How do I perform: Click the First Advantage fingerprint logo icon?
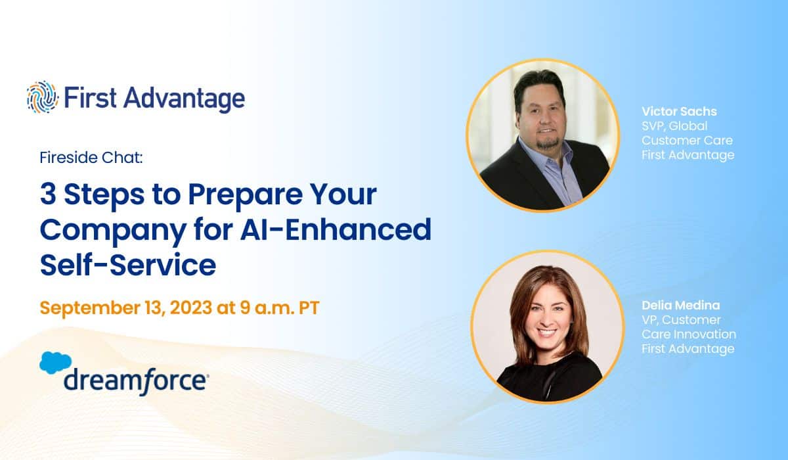click(x=42, y=97)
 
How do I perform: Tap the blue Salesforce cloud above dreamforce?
click(x=56, y=363)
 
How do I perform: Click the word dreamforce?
click(x=136, y=382)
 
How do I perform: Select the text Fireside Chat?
click(x=91, y=158)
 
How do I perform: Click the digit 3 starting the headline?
click(x=48, y=195)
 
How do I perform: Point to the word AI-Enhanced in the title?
click(x=336, y=229)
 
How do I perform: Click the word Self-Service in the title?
click(x=128, y=265)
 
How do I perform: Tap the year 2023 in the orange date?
click(x=190, y=308)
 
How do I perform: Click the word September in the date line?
click(x=90, y=308)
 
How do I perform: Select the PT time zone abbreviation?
click(x=309, y=308)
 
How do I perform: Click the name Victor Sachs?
click(x=679, y=111)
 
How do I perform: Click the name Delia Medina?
click(x=681, y=305)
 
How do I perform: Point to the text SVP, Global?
click(x=674, y=126)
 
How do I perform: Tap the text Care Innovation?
click(x=689, y=334)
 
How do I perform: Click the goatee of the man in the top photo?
click(x=548, y=142)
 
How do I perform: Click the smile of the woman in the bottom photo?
click(x=546, y=332)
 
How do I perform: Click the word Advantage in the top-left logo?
click(x=184, y=99)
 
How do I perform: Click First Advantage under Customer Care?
click(x=688, y=155)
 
